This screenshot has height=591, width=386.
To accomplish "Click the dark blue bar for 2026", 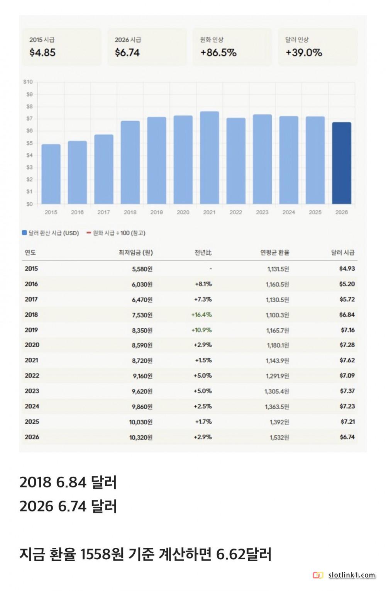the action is [x=342, y=163].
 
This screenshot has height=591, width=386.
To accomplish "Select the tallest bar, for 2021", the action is [x=209, y=158].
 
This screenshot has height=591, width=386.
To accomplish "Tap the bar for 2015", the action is [x=51, y=174].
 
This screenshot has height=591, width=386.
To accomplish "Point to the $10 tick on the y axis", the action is [x=28, y=82].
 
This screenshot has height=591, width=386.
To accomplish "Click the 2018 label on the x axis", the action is [x=130, y=212].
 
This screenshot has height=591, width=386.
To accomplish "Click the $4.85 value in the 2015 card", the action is [x=42, y=53].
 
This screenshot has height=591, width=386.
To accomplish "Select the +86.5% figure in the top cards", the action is [x=218, y=53].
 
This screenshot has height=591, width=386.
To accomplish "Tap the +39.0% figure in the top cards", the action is [x=304, y=53].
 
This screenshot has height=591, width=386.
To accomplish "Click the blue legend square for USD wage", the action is [x=24, y=233].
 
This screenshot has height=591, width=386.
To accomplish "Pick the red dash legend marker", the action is [x=89, y=233].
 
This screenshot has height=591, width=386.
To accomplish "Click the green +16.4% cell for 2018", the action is [x=201, y=315].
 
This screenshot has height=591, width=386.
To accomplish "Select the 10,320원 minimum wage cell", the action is [x=141, y=437].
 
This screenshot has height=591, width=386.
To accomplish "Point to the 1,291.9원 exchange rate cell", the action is [x=278, y=376].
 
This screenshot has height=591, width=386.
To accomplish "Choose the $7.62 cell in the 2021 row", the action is [x=347, y=360].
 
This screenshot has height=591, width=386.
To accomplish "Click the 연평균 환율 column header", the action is [x=275, y=253].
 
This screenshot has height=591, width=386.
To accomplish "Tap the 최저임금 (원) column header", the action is [x=135, y=253].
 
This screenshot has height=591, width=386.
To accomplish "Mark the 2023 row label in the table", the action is [x=32, y=391].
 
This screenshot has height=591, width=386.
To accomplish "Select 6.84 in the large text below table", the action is [x=71, y=482].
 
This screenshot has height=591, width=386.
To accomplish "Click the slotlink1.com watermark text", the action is [x=352, y=576].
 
